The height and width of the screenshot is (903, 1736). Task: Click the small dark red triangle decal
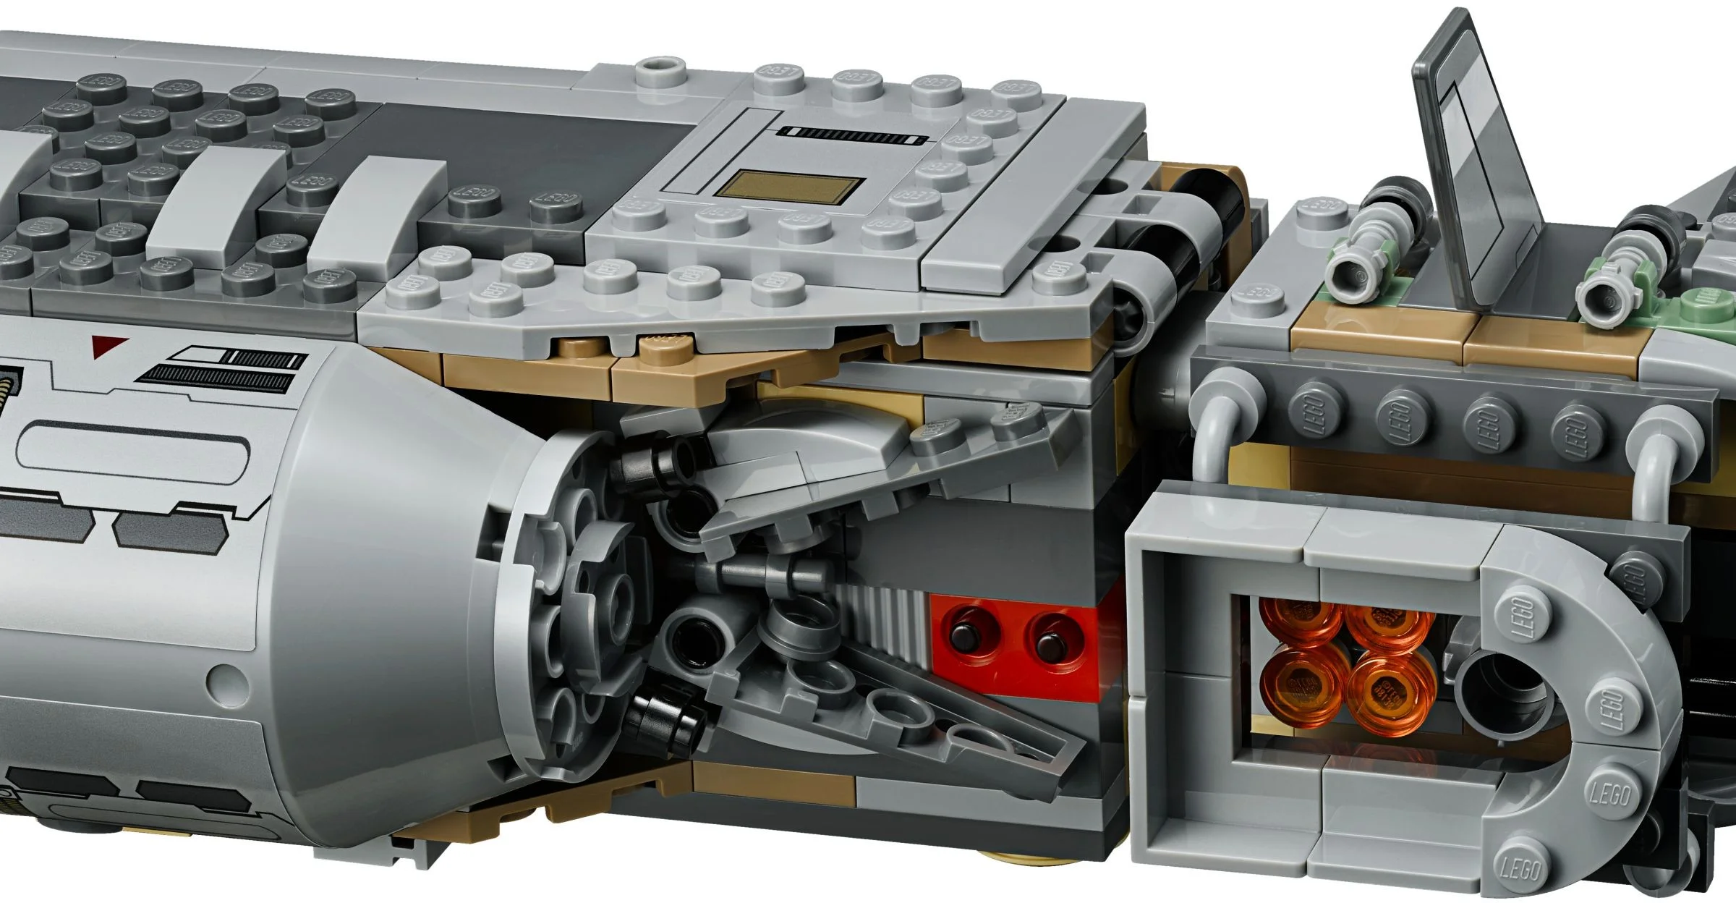110,346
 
